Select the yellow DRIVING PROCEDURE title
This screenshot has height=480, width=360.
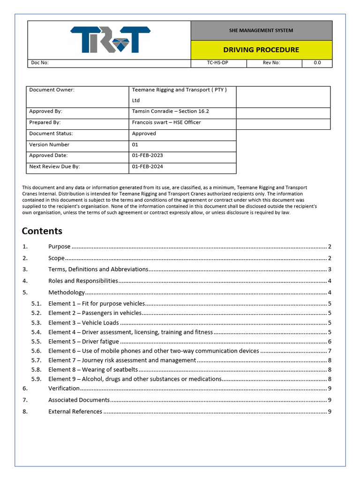point(261,50)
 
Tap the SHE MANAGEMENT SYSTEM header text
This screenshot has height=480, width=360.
point(261,30)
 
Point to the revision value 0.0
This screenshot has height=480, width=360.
point(317,63)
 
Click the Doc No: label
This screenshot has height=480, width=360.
point(39,63)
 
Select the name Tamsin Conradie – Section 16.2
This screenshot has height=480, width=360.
point(171,112)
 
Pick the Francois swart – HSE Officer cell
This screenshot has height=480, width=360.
point(166,122)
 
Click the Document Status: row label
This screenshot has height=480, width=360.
point(51,134)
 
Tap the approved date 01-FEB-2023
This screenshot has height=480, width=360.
point(148,156)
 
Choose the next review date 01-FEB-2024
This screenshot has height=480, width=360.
point(148,166)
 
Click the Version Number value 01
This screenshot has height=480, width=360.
point(135,145)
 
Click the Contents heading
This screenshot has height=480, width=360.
point(42,231)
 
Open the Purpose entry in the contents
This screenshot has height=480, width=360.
point(60,247)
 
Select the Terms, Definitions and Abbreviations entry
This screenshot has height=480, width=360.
point(98,270)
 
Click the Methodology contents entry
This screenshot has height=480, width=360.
point(67,292)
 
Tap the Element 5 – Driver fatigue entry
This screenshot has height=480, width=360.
point(84,342)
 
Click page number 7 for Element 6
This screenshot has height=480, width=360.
point(330,351)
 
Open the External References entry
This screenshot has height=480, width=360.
point(75,412)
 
